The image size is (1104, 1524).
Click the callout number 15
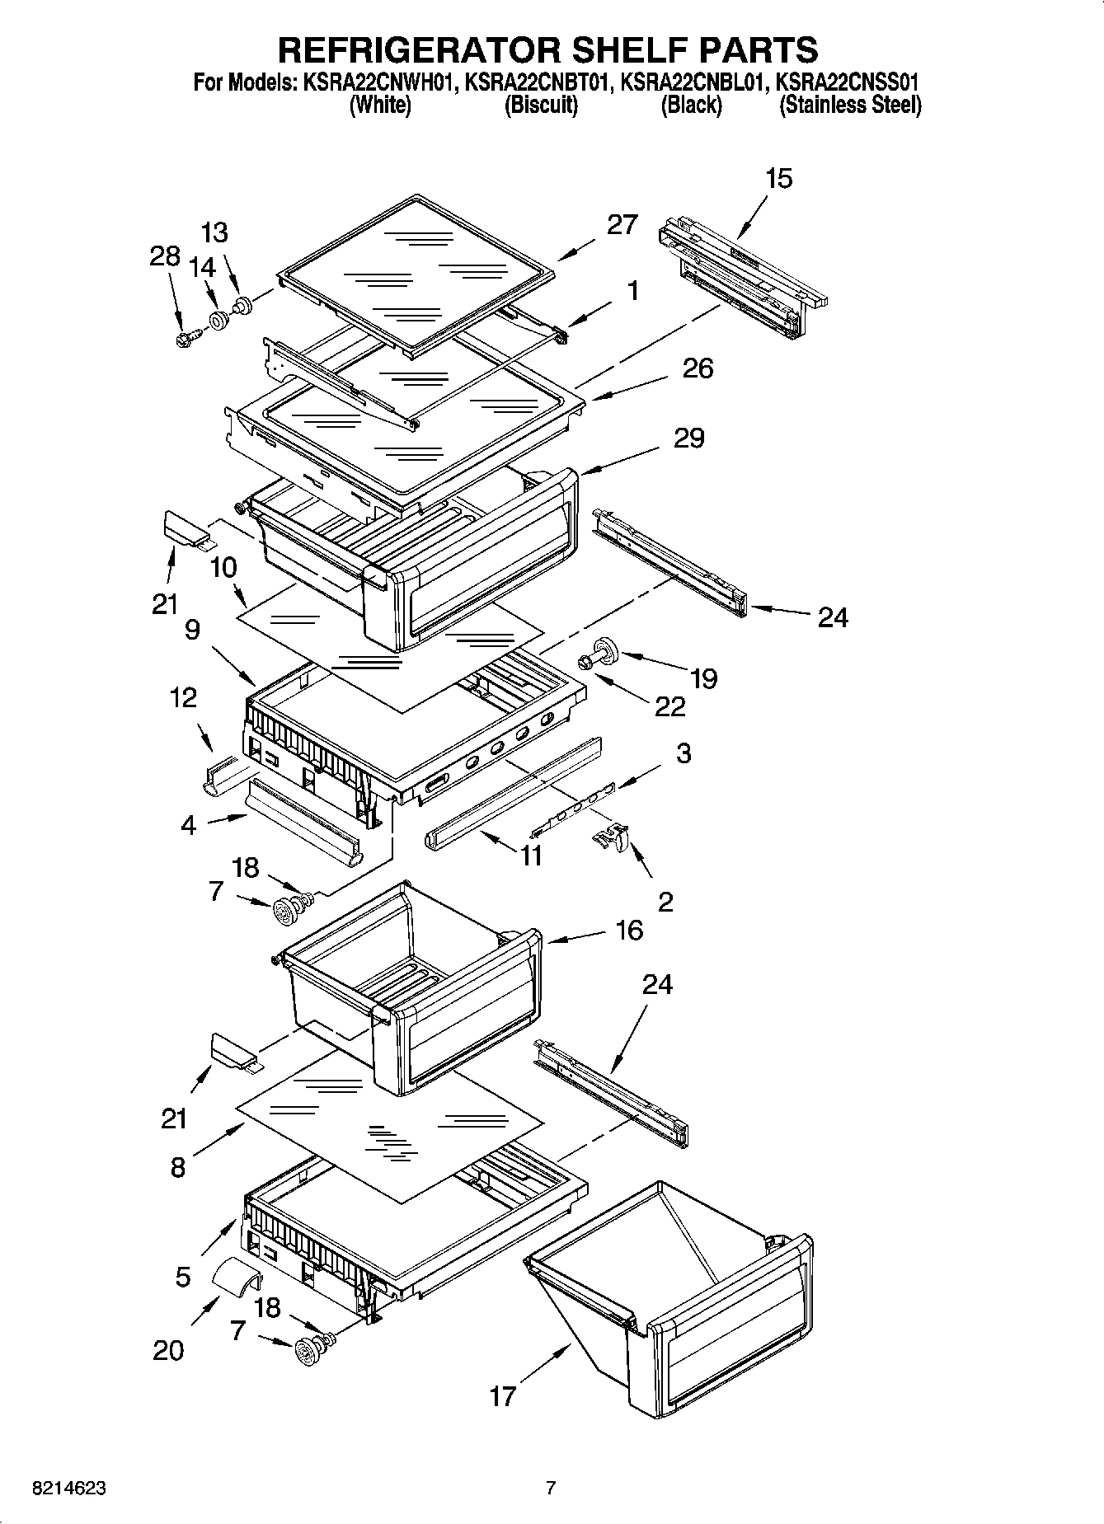[778, 178]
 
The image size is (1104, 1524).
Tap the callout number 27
[622, 224]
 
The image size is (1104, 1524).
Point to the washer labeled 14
[218, 320]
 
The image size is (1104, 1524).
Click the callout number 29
[688, 438]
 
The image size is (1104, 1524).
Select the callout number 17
[502, 1396]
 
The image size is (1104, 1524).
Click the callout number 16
[628, 930]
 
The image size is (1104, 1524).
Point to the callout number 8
[178, 1167]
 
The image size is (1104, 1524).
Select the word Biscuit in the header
[541, 106]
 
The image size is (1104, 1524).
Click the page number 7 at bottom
[551, 1489]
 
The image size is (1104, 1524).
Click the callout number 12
[183, 697]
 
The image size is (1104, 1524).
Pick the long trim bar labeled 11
[511, 791]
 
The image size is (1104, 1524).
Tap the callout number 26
[698, 368]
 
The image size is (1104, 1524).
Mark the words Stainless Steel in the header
[850, 106]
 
